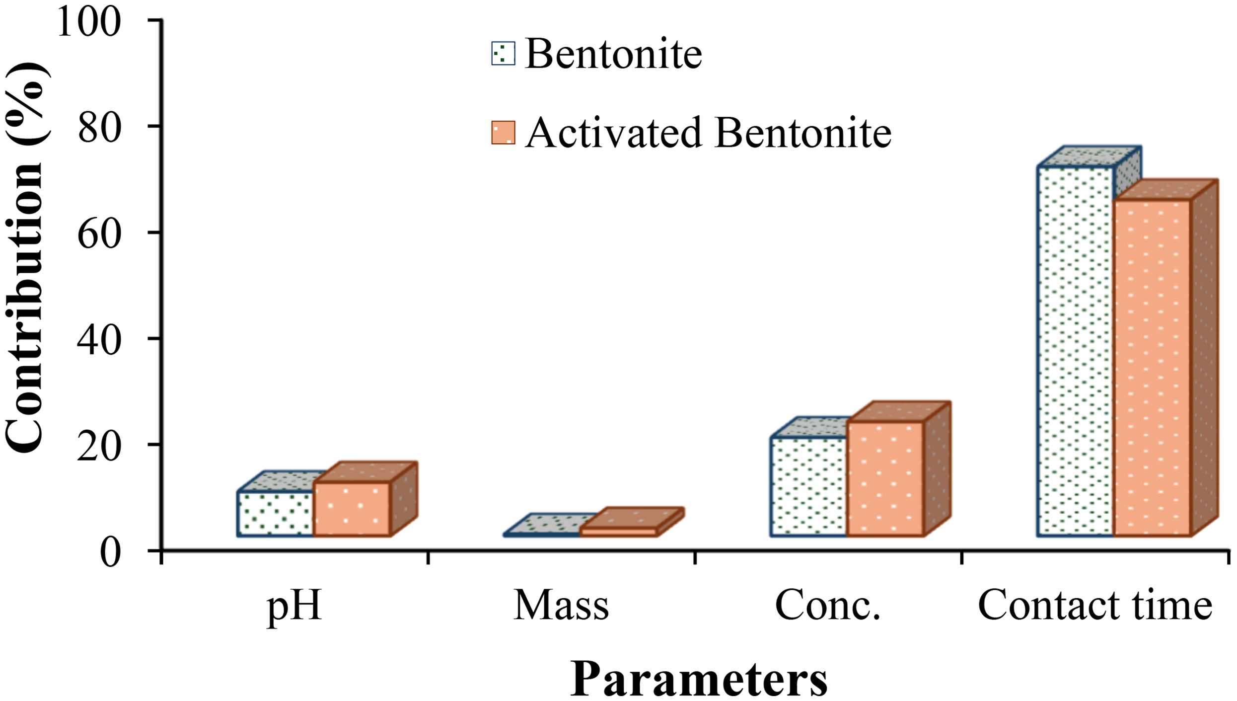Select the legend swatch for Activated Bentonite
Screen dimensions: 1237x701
click(503, 133)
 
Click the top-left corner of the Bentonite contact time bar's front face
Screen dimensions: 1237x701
click(1038, 167)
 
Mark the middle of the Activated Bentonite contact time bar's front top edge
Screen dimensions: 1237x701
click(1152, 200)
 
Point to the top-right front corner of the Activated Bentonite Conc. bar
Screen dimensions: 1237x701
click(924, 422)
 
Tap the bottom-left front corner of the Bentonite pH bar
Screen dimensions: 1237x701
click(238, 536)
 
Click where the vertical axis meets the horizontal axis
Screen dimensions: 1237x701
click(162, 550)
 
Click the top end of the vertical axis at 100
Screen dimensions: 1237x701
click(162, 20)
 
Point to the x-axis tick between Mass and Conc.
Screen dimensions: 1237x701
click(695, 557)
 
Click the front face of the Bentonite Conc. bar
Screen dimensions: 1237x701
click(808, 487)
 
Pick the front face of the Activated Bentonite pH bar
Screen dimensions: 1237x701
click(352, 509)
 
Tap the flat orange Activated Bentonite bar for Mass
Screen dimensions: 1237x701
click(619, 532)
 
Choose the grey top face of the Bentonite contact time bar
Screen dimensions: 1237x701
click(1089, 157)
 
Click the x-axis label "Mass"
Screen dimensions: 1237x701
click(561, 606)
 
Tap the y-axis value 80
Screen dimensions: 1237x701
click(100, 127)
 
